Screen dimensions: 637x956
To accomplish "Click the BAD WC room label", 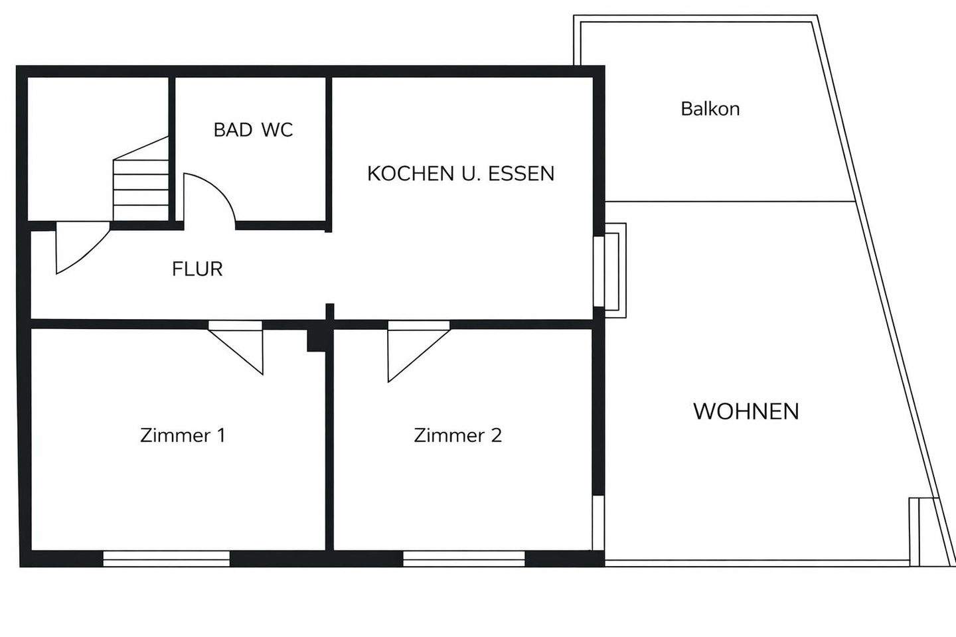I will point(253,130).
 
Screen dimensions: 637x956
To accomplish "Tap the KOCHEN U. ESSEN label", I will point(460,174).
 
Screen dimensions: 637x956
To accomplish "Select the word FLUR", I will point(197,269).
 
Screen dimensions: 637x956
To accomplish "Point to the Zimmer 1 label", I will point(183,435).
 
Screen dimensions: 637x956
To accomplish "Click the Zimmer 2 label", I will point(457,435).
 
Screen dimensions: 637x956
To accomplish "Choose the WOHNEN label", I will point(746,411).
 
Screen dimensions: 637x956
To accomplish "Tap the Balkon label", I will point(710,109).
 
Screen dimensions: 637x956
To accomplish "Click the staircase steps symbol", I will point(141,180).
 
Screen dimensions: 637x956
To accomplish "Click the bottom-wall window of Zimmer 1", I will point(166,559).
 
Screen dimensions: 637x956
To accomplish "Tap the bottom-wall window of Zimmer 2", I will point(463,559).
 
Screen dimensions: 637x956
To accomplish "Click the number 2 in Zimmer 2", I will point(496,435).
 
